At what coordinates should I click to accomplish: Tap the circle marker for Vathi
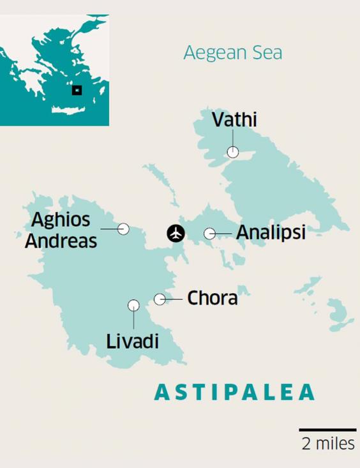coord(233,152)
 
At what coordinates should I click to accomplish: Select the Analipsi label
coord(271,233)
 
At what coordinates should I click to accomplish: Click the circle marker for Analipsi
coord(209,234)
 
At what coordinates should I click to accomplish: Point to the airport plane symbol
coord(176,234)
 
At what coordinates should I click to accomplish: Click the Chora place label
coord(213,298)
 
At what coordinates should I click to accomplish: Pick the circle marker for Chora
coord(160,299)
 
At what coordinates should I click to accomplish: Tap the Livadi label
coord(133,340)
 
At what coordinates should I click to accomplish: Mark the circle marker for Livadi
coord(133,305)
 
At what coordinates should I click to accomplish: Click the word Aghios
coord(61,220)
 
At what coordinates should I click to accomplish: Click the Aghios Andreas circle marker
coord(123,229)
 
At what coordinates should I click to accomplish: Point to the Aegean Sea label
coord(232,52)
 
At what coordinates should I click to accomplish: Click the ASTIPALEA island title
coord(235,392)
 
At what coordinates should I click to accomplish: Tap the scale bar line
coord(327,430)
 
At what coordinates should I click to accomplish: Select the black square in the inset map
coord(77,90)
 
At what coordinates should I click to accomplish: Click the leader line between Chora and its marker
coord(174,299)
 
